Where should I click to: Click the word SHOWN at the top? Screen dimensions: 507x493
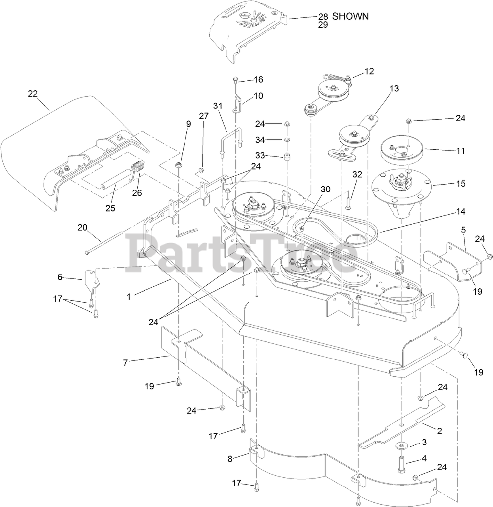[x=350, y=16]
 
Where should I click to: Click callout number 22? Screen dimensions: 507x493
[x=32, y=94]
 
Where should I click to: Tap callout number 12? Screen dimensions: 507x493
[x=369, y=71]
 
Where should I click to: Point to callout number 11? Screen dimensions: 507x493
[x=460, y=151]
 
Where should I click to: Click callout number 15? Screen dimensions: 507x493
[x=461, y=184]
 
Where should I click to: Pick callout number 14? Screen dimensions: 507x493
[x=460, y=212]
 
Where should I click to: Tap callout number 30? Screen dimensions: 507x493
[x=325, y=189]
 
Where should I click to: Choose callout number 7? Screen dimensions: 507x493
[x=125, y=362]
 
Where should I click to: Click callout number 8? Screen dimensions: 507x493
[x=230, y=459]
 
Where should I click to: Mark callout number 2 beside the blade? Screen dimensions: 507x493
[x=439, y=431]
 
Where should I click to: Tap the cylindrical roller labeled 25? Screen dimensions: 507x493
[x=118, y=175]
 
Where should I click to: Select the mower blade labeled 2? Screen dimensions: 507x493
[x=400, y=424]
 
